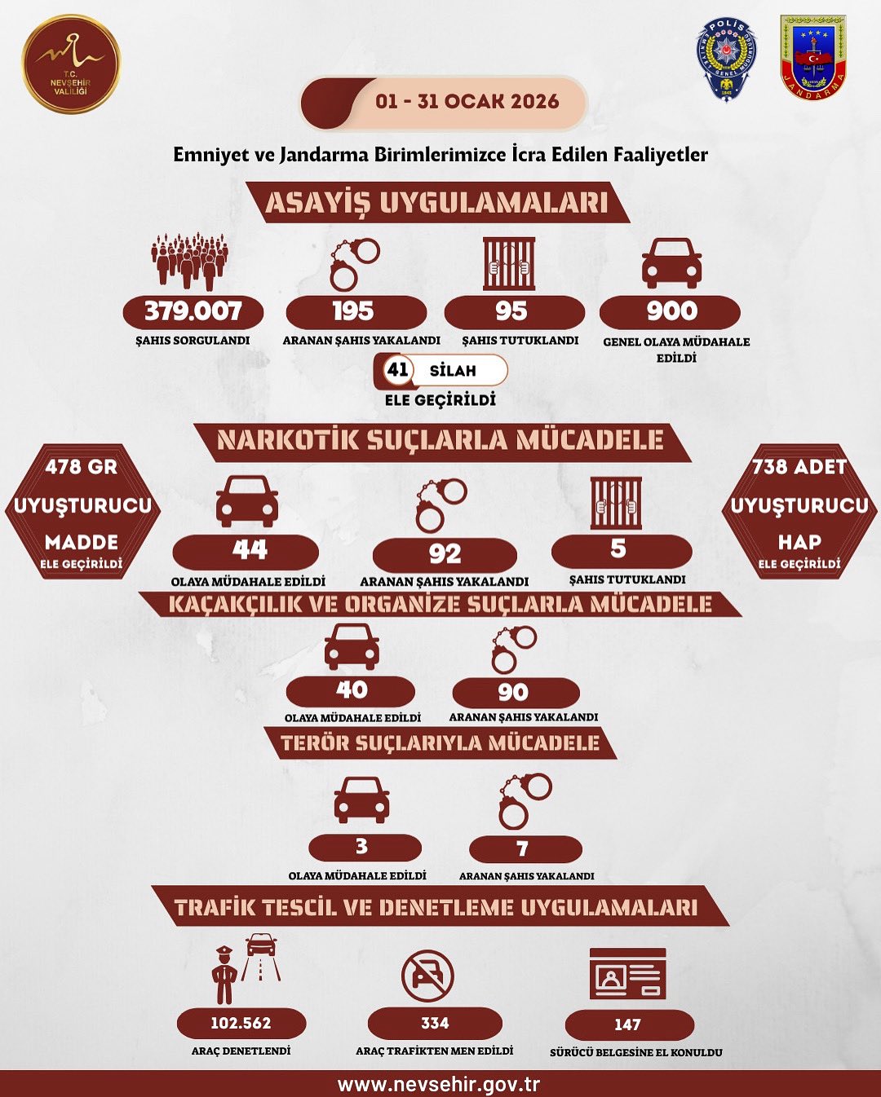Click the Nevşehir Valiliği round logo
pos(72,64)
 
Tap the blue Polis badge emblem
pos(727,60)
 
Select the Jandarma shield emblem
pos(813,58)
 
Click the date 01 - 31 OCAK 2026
pos(467,101)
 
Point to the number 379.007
pos(193,311)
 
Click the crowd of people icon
pos(190,262)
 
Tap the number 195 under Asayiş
pos(353,311)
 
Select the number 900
pos(672,311)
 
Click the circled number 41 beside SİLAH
pos(398,369)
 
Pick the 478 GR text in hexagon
pos(82,466)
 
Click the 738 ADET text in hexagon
pos(799,466)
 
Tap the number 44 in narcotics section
pos(250,549)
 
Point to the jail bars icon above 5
pos(616,503)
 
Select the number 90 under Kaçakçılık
pos(513,691)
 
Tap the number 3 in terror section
pos(361,846)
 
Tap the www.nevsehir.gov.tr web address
pos(439,1084)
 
